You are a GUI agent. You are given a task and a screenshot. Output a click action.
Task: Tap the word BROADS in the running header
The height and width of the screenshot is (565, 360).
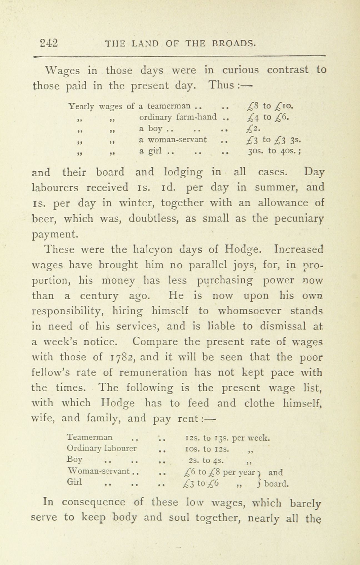(234, 43)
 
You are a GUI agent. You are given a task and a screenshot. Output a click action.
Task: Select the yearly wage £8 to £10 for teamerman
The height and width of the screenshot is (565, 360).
(270, 106)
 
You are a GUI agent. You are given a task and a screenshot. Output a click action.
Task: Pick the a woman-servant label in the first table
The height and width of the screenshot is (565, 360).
(173, 140)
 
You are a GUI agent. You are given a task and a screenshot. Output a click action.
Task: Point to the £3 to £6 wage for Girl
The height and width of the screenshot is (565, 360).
(201, 484)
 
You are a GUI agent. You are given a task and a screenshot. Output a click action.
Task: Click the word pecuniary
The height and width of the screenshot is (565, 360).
(299, 219)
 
